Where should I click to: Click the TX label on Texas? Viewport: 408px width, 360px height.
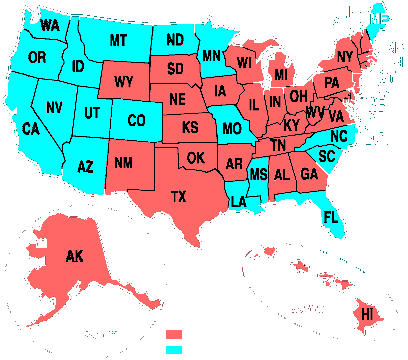pos(179,198)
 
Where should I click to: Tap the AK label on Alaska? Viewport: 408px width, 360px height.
pos(74,256)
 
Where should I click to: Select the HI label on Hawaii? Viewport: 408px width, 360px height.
pos(367,314)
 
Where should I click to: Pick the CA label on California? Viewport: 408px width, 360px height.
pos(31,128)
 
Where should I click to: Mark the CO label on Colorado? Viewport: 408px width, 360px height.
pos(136,120)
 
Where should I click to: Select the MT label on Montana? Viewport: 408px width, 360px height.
pos(118,40)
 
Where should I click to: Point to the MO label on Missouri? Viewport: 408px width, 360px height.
pos(232,129)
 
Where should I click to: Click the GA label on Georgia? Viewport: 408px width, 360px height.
pos(283,173)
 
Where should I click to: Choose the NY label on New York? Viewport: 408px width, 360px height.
pos(345,56)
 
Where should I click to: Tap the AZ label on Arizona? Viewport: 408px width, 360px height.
pos(85,166)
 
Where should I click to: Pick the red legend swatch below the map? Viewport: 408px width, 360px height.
pos(174,334)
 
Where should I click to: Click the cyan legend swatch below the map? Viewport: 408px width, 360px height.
pos(174,349)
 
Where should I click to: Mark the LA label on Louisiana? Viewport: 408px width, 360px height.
pos(239,201)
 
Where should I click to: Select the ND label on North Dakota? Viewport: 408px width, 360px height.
pos(175,40)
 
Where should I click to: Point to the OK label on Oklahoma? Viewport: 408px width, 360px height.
pos(195,157)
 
